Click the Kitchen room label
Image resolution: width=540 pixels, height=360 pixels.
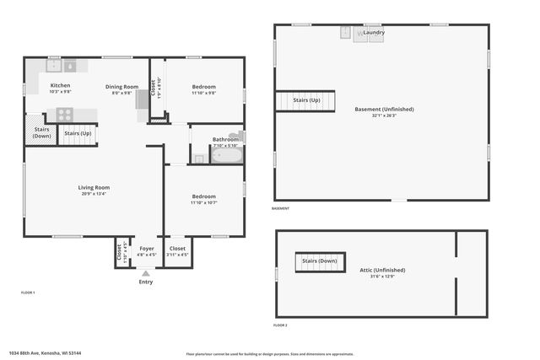(x=60, y=86)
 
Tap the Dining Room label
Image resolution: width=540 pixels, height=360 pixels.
(x=122, y=87)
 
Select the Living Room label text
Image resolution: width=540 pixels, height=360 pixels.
(x=94, y=187)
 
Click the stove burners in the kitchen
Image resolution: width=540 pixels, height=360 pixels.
(x=65, y=116)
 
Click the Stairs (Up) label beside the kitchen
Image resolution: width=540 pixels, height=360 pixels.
(x=78, y=133)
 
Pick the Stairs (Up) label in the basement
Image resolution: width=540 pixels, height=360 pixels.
(x=305, y=100)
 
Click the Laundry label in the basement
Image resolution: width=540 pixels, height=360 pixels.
(x=375, y=33)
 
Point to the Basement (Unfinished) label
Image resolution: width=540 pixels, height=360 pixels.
(x=384, y=109)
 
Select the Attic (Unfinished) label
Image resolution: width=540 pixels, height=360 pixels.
(x=382, y=270)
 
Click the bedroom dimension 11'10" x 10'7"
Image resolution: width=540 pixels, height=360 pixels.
(x=203, y=203)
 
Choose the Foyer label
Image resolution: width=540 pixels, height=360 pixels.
(x=147, y=249)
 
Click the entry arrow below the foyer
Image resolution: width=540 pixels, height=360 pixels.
(x=146, y=273)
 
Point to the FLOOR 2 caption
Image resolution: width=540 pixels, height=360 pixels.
(x=280, y=325)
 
